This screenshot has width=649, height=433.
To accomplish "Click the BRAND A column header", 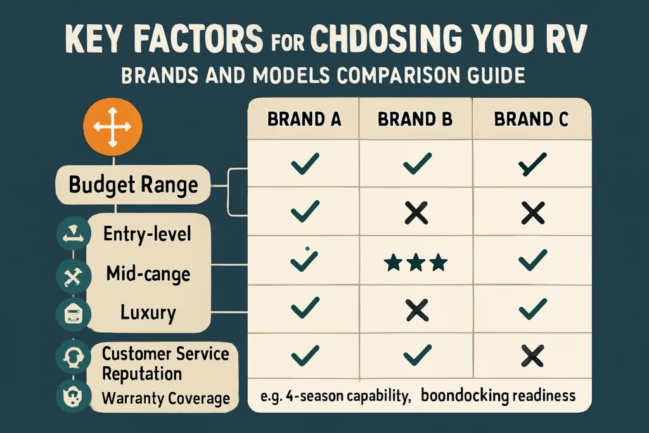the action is pos(304,119).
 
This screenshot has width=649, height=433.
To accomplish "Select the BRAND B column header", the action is pos(415,119).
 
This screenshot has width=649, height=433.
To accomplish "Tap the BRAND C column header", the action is pos(531,119).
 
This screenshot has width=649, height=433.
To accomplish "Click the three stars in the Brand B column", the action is pos(416,262).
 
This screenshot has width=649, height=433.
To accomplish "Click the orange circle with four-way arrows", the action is pos(113,127).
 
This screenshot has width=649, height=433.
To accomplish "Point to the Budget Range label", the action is pos(133,184).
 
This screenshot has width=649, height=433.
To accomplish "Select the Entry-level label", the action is pos(147,234).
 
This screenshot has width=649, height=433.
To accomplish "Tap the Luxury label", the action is pos(148,313).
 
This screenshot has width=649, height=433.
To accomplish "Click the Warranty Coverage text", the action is pos(165,398).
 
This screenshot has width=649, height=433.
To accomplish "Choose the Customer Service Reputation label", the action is pos(165,363).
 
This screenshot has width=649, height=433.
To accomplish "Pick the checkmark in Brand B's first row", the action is pos(417,164).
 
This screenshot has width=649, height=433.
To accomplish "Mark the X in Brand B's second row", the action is pos(416,214).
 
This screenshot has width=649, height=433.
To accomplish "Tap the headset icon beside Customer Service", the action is pos(74,356).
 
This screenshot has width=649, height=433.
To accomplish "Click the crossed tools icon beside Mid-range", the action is pos(74,277).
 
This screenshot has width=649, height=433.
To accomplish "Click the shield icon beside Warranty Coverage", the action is pos(74,396).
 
